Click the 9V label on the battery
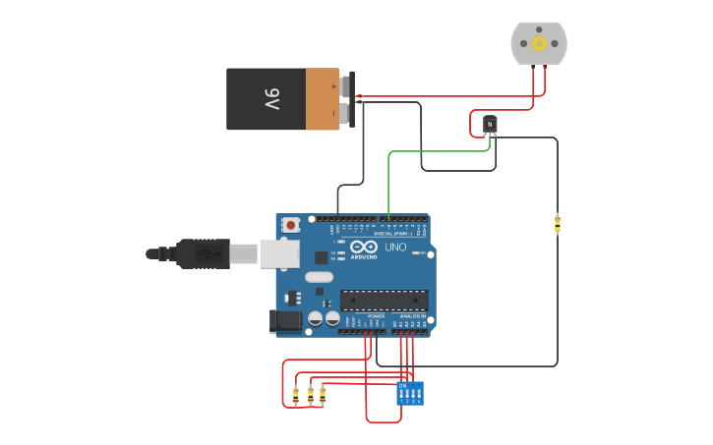(x=271, y=99)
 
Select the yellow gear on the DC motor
(x=539, y=43)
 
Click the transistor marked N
(x=490, y=124)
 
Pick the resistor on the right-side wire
(x=558, y=224)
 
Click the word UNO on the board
(x=394, y=247)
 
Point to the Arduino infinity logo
(x=362, y=247)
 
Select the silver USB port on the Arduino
(x=279, y=253)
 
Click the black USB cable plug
(x=203, y=253)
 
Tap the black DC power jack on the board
(x=284, y=320)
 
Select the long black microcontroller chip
(x=384, y=300)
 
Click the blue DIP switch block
(x=410, y=393)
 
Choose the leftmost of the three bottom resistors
(x=296, y=395)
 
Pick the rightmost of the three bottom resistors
(x=323, y=395)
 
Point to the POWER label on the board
(x=376, y=316)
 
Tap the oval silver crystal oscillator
(x=319, y=277)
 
